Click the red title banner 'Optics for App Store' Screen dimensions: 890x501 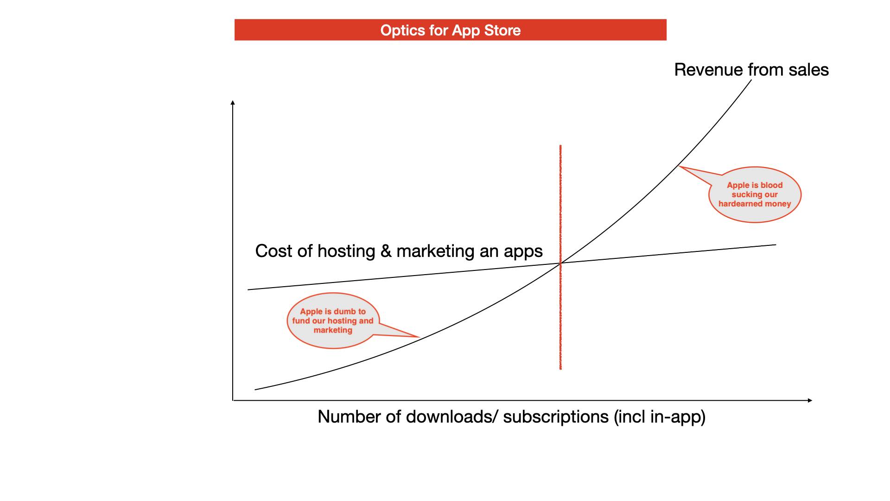[451, 30]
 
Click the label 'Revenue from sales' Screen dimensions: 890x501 [751, 70]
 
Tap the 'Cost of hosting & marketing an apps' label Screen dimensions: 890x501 [399, 251]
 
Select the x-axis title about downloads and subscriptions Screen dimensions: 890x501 [511, 417]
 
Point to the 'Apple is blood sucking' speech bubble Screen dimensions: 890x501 [755, 194]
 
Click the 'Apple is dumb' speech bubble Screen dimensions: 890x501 [333, 321]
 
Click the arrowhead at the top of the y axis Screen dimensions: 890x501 [233, 103]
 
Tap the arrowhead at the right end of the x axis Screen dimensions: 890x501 [810, 400]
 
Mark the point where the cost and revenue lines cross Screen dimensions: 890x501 [560, 263]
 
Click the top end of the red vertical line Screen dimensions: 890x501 [560, 145]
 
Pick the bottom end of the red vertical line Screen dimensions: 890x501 [560, 369]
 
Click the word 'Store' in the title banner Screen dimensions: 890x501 [502, 30]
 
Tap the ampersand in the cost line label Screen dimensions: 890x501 [386, 251]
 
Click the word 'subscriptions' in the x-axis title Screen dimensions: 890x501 [556, 417]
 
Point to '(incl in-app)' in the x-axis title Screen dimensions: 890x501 [660, 417]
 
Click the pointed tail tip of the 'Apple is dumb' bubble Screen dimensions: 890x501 [420, 337]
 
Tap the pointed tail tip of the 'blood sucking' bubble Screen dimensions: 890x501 [679, 166]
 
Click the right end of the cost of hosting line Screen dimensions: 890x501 [776, 244]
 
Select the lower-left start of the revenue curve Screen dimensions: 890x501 [255, 390]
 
